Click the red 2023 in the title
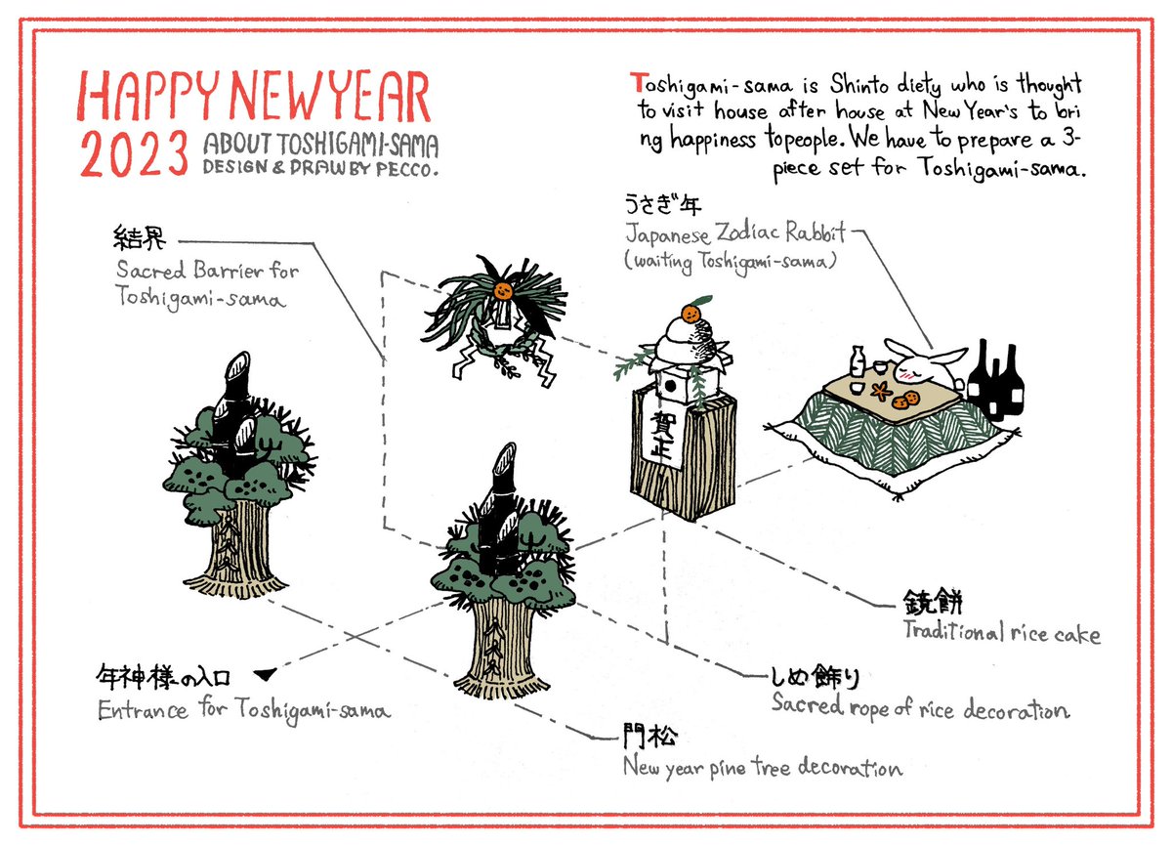(134, 152)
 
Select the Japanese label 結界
(140, 238)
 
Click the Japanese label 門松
(649, 738)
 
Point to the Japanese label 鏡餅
(933, 602)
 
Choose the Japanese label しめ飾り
(816, 678)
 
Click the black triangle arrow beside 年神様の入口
(265, 674)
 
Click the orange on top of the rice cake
(691, 314)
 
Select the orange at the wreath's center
(503, 290)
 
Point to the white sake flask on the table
(858, 361)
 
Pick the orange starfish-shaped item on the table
(881, 390)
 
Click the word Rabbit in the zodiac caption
(815, 232)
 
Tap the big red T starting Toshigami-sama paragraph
(637, 83)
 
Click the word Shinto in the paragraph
(858, 85)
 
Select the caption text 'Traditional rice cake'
(1001, 633)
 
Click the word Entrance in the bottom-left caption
(143, 710)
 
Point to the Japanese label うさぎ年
(663, 204)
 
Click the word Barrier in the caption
(229, 271)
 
